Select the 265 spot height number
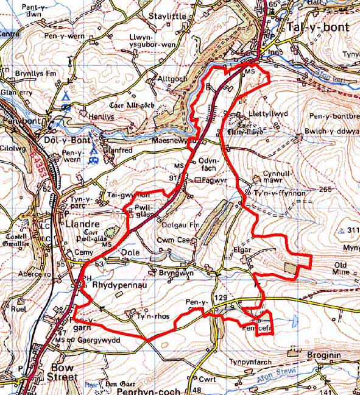[325, 190]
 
